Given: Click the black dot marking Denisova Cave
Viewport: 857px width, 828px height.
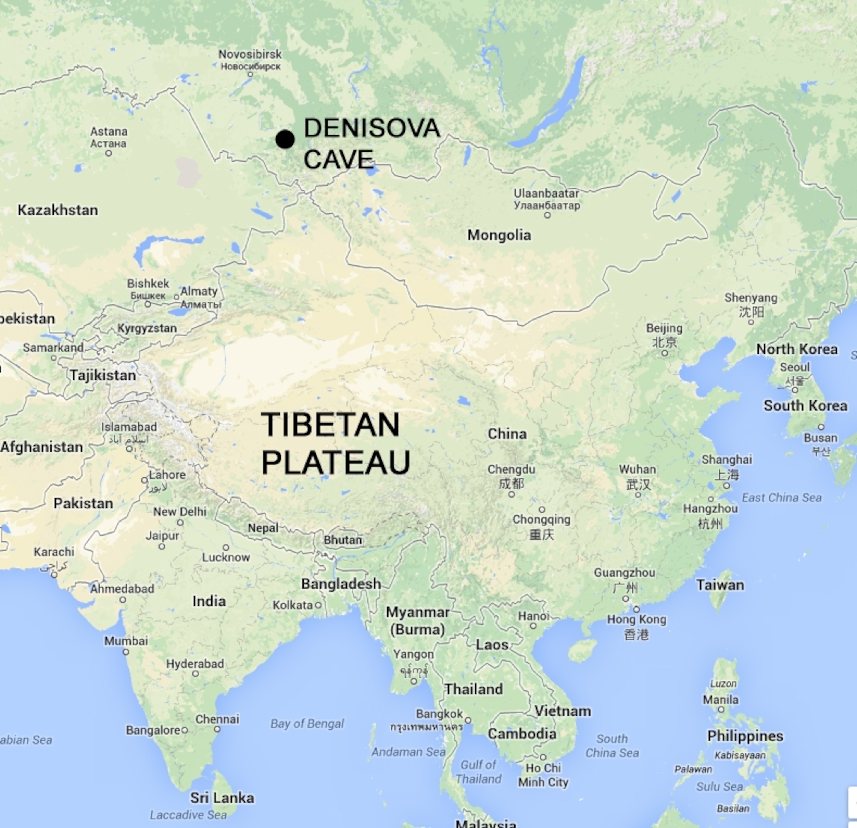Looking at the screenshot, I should pos(285,139).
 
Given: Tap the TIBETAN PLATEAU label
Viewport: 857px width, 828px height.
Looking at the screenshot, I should pos(335,443).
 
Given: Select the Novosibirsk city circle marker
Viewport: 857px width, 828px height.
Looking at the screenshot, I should pos(250,74).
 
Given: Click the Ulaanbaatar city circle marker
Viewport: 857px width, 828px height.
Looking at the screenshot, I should pos(547,215).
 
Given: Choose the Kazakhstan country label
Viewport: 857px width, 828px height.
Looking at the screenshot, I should pos(58,210).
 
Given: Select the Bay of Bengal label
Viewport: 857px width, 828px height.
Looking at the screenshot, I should pos(307,723).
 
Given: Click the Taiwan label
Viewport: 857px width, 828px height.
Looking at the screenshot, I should pos(720,585).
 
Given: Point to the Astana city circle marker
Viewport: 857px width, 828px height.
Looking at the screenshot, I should pos(109,153).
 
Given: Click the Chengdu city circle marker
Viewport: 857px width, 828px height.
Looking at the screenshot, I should pos(511,494).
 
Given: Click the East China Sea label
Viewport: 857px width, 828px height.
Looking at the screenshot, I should pos(781,497).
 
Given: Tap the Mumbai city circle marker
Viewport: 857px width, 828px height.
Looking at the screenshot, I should pos(126,652).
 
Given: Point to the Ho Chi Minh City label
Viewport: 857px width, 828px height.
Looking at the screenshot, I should pos(543,775).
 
